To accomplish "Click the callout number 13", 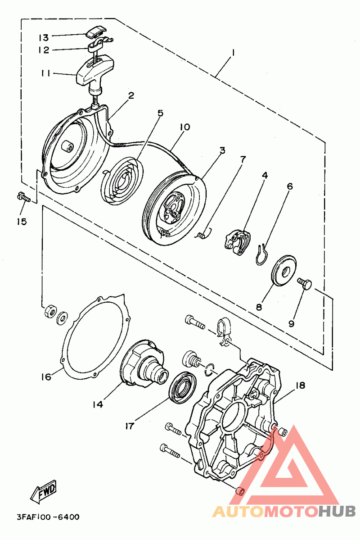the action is (x=44, y=37).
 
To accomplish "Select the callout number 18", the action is (x=300, y=385).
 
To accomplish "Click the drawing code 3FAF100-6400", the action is (x=48, y=517).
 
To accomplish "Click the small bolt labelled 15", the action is (x=23, y=197).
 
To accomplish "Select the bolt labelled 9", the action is (x=305, y=283).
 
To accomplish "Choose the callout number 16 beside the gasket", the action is (x=46, y=377).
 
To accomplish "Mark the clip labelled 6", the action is (x=263, y=254).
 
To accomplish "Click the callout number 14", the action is (x=98, y=404).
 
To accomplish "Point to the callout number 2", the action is (x=131, y=95).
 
